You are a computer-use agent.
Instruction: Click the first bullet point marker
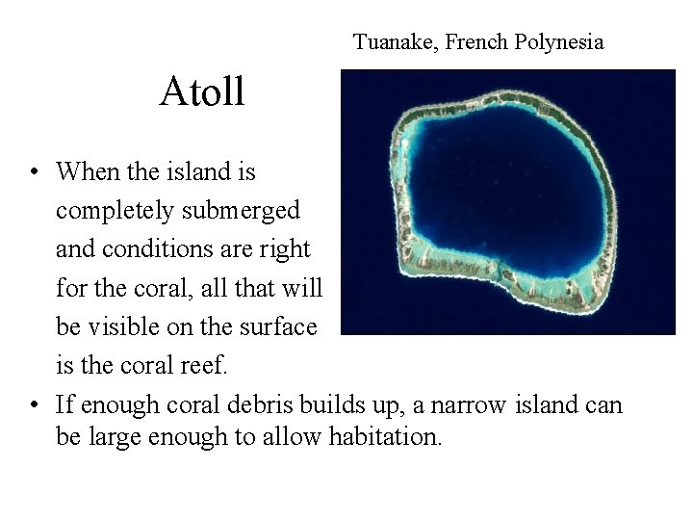[x=34, y=173]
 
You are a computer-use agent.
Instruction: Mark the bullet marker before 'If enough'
[x=34, y=404]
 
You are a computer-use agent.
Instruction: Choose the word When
[x=90, y=172]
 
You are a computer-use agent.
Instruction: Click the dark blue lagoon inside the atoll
[x=500, y=183]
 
